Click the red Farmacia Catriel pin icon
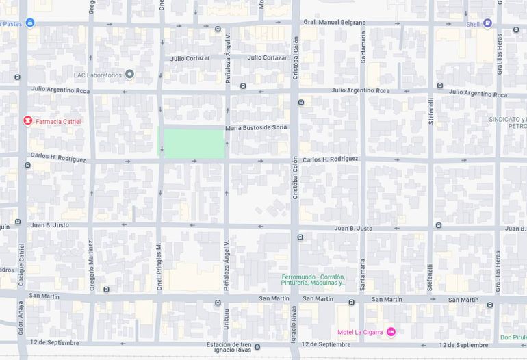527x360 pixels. pyautogui.click(x=27, y=121)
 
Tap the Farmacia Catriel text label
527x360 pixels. pyautogui.click(x=58, y=122)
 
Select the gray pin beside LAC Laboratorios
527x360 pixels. pyautogui.click(x=129, y=74)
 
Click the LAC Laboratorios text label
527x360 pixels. pyautogui.click(x=98, y=75)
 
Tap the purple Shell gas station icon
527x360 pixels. pyautogui.click(x=487, y=23)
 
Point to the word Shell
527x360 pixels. pyautogui.click(x=473, y=24)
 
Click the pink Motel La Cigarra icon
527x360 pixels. pyautogui.click(x=391, y=332)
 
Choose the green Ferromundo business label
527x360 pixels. pyautogui.click(x=313, y=279)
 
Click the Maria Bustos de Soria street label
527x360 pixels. pyautogui.click(x=256, y=128)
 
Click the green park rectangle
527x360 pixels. pyautogui.click(x=192, y=144)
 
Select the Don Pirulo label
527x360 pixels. pyautogui.click(x=513, y=337)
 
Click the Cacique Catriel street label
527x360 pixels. pyautogui.click(x=22, y=263)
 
